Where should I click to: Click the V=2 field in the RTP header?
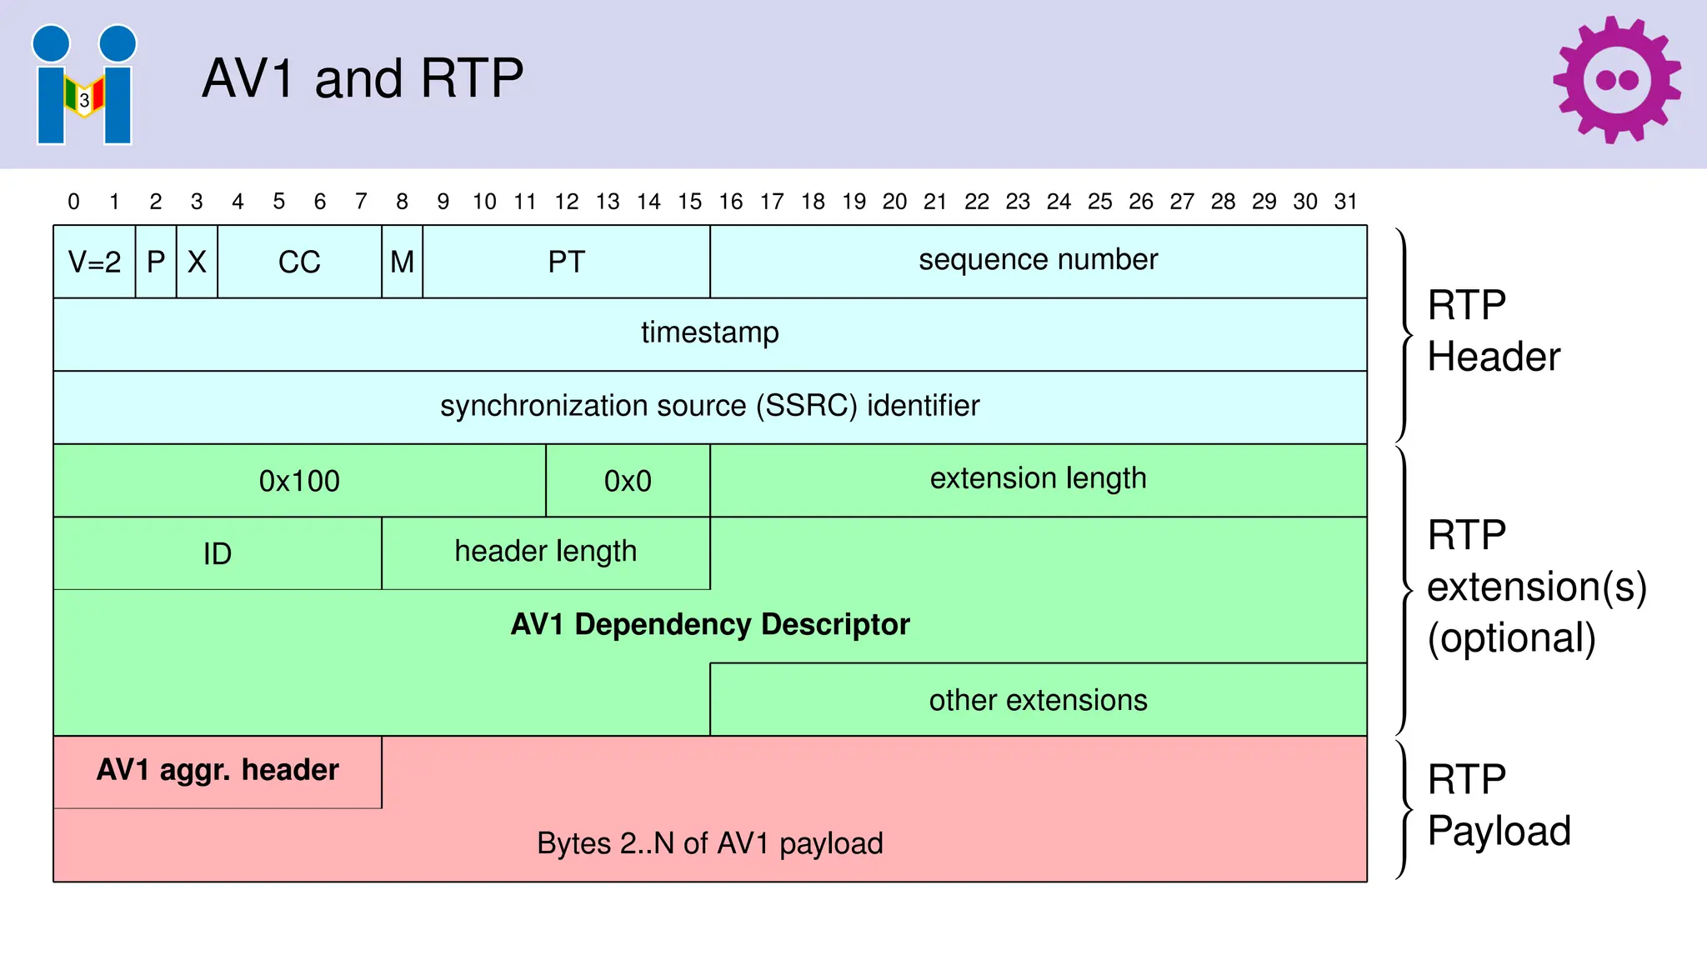coord(94,262)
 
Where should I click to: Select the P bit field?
coord(156,262)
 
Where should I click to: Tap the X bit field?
coord(197,262)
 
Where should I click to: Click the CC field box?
coord(299,262)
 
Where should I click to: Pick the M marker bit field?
coord(402,262)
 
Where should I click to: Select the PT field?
coord(566,262)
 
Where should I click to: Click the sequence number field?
coord(1038,260)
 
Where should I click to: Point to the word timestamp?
coord(709,332)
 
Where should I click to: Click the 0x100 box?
coord(299,481)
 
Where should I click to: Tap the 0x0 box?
coord(628,481)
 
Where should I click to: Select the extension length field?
coord(1038,478)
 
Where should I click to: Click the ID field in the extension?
coord(217,553)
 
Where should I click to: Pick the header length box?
coord(545,552)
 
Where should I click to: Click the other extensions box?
coord(1038,700)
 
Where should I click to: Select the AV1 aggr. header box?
coord(217,771)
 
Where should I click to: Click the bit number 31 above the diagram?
coord(1345,202)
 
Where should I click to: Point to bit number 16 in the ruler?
coord(730,202)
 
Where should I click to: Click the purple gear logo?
coord(1616,80)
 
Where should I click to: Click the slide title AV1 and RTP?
coord(363,78)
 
